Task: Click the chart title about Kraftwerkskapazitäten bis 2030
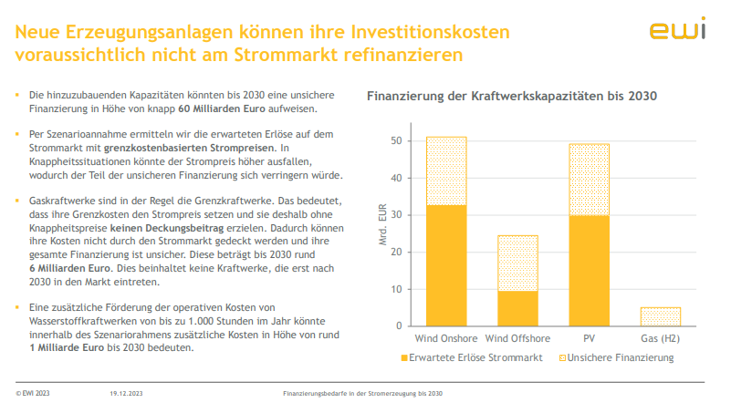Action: pos(512,96)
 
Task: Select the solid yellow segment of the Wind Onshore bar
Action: pos(446,264)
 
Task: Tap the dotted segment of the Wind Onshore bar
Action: pos(446,170)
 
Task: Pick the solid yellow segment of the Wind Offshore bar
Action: pos(517,307)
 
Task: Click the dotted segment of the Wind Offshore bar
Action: pos(517,263)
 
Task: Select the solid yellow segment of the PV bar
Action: pos(589,270)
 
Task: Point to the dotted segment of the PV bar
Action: pos(589,179)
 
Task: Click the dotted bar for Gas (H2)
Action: pos(660,315)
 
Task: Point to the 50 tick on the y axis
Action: pos(395,141)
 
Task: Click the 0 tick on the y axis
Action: pos(398,325)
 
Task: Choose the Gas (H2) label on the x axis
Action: pos(660,338)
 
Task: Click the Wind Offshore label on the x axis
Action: pos(517,338)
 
